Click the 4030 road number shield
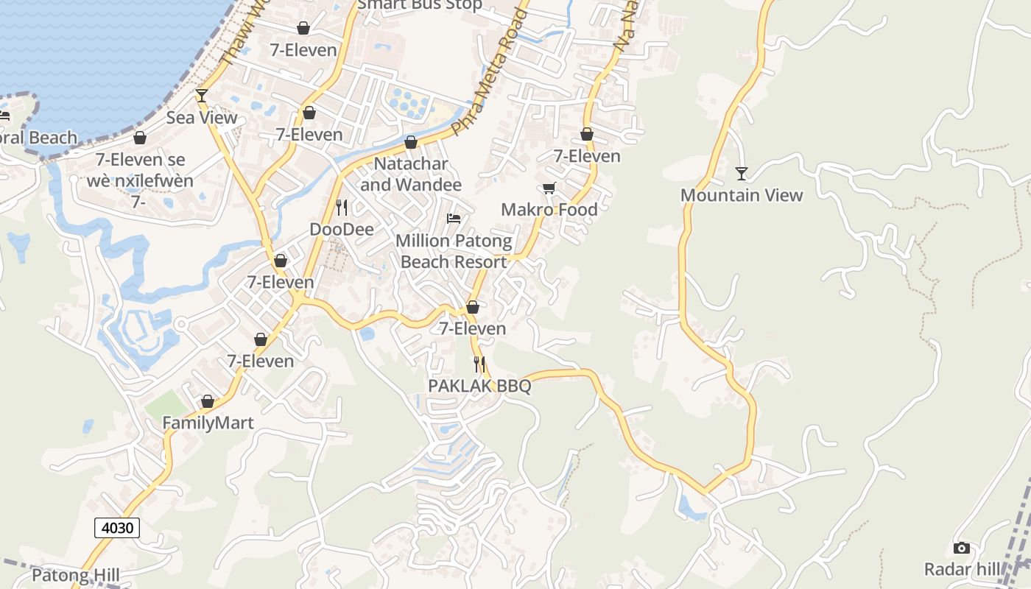point(117,527)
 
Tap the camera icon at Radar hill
point(961,548)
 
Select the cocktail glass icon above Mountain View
point(742,174)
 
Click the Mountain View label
point(742,195)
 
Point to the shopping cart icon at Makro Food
point(549,188)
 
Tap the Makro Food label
point(549,210)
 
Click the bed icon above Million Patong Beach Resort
point(454,219)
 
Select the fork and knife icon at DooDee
point(342,208)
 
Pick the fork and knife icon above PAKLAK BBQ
point(479,364)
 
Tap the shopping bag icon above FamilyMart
point(208,401)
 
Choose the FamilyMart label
point(208,423)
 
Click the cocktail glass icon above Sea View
point(201,96)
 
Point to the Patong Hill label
point(76,575)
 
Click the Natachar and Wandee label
point(411,174)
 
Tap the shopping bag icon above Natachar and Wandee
point(411,142)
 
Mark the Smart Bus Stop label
point(420,6)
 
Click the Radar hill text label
point(963,569)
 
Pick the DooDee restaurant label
point(342,230)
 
